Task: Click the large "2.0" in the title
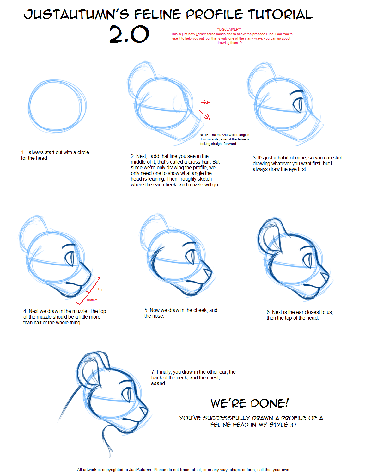129,34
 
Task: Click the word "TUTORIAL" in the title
280,15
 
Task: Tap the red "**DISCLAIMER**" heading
229,29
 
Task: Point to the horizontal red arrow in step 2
202,102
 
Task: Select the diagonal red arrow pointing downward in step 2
204,115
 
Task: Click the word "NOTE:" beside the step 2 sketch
204,135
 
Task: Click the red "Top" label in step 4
100,289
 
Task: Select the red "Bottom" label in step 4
92,300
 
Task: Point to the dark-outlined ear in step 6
271,236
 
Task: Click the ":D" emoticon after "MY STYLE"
293,425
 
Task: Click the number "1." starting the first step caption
23,152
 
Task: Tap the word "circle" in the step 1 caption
83,152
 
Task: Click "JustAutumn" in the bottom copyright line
140,470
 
